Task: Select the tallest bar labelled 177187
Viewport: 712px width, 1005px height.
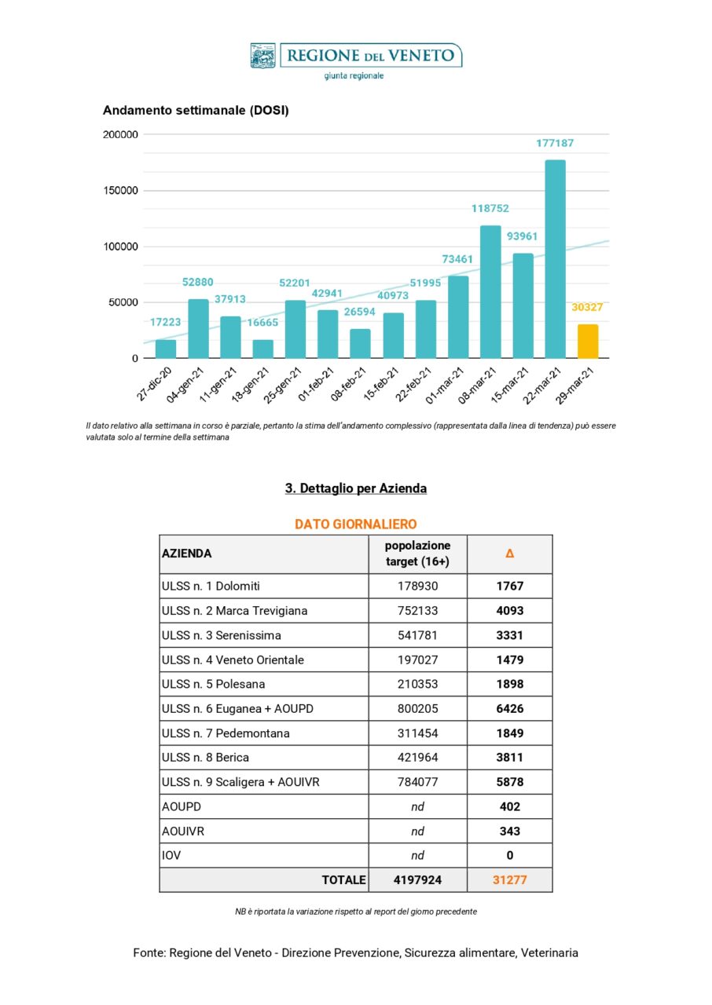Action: pos(555,259)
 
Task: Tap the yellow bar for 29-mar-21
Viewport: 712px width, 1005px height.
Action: pos(588,342)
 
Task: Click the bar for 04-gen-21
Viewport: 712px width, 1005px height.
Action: pos(198,329)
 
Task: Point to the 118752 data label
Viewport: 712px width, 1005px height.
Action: pos(490,209)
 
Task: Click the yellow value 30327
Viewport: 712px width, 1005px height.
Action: pos(587,307)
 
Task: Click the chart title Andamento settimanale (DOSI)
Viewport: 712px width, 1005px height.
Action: pos(196,111)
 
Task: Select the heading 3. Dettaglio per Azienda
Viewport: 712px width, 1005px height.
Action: pos(355,488)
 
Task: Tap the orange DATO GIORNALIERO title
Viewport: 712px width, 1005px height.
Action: pos(355,524)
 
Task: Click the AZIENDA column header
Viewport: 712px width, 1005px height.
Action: pos(186,554)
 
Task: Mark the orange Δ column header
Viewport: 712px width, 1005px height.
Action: pos(509,554)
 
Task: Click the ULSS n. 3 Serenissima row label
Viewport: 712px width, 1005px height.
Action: pos(221,635)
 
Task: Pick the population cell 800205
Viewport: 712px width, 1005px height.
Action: pos(417,709)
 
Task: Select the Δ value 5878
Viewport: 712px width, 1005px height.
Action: pos(509,782)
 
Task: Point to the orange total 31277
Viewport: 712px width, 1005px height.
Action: pos(509,880)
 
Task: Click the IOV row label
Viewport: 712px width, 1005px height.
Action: pos(171,856)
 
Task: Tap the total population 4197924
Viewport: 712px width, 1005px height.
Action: pos(417,880)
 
